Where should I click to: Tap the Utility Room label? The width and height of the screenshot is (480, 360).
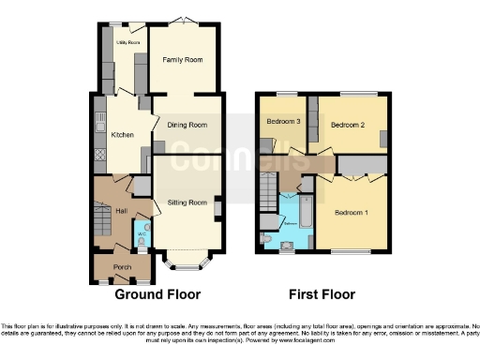[x=127, y=43]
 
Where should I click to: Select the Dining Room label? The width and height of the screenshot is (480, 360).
[x=187, y=125]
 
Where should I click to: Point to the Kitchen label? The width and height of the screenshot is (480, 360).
[x=123, y=135]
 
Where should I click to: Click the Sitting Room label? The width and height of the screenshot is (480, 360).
[x=187, y=202]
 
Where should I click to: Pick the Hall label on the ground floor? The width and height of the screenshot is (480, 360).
[x=121, y=211]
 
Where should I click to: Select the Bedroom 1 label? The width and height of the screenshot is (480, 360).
[x=352, y=213]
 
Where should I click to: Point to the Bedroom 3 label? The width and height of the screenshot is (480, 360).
[x=282, y=122]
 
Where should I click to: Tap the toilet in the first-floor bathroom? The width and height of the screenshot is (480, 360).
[x=267, y=240]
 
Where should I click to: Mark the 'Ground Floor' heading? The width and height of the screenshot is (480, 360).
[x=157, y=293]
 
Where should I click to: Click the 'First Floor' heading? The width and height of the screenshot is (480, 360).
[x=321, y=293]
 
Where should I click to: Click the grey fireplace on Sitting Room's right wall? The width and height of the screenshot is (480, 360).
[x=217, y=206]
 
